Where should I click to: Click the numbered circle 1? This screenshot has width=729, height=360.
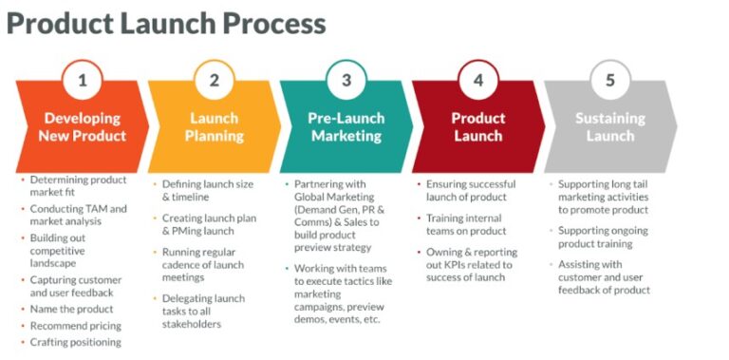pos(83,80)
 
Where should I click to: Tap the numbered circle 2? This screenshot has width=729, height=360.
pos(215,80)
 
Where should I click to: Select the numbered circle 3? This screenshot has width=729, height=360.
pos(346,80)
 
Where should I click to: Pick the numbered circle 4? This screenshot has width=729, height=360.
pos(478,80)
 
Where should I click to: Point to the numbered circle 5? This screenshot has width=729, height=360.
pos(610,80)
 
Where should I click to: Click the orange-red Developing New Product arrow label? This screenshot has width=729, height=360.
pos(83,126)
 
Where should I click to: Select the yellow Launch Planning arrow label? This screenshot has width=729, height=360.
pos(215,126)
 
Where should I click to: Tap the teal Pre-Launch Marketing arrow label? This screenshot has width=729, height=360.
pos(346,126)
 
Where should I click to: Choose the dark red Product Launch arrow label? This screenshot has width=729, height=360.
pos(477,126)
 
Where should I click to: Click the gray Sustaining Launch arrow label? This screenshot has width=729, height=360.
pos(609,126)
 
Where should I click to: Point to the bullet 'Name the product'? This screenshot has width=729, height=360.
pos(71,309)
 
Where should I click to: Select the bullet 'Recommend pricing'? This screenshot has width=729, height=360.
pos(75,326)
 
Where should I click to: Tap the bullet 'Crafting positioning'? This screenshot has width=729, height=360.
pos(76,342)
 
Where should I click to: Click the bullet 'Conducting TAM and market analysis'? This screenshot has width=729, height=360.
pos(78,215)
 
